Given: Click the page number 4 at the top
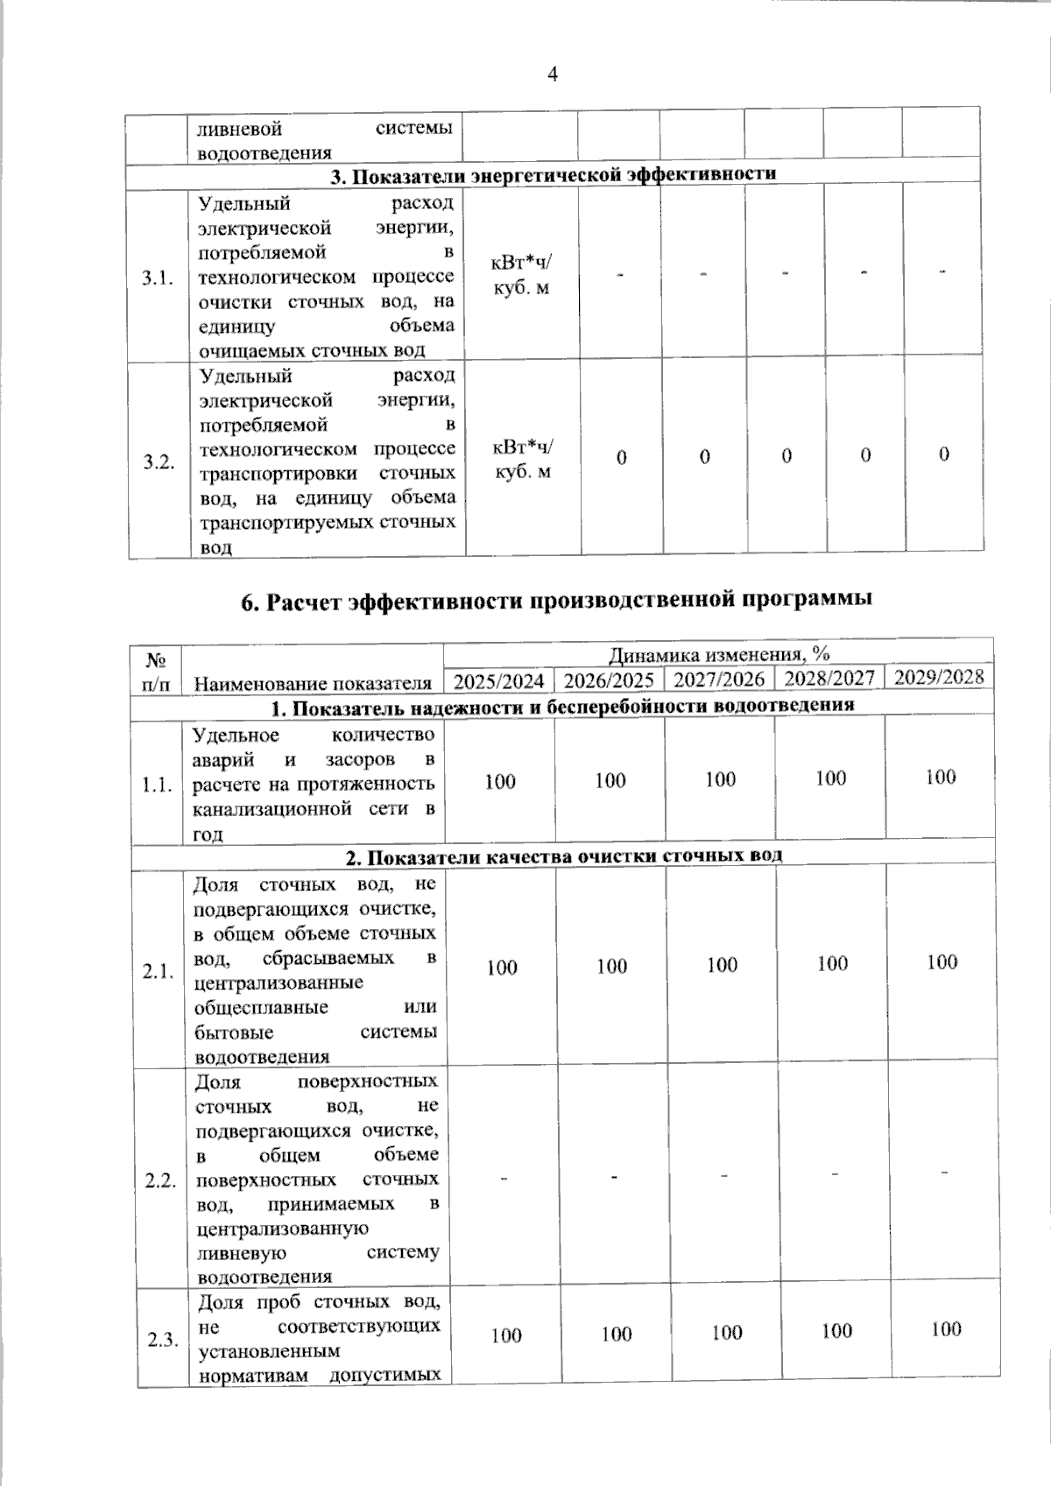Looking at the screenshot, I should [553, 74].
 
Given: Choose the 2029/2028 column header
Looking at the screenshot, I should [940, 677].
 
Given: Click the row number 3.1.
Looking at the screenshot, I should [159, 278].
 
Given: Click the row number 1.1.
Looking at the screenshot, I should [157, 785].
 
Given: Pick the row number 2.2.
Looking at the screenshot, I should [161, 1180].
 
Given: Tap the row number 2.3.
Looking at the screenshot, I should [164, 1339].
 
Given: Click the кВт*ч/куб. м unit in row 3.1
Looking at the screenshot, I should [523, 275].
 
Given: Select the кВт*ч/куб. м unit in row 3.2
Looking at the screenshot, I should [524, 459].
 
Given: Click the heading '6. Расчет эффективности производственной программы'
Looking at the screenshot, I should [556, 602].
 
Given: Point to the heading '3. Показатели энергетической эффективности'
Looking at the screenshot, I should [553, 174].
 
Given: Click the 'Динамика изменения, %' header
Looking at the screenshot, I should [719, 654].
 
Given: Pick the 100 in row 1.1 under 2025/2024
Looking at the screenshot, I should [500, 781].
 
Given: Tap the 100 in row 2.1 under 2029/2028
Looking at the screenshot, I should [942, 962].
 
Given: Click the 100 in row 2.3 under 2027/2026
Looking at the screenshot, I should [727, 1333].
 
